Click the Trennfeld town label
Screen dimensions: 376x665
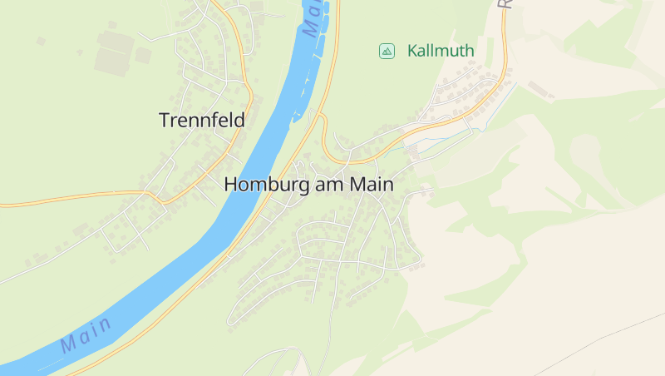(x=202, y=121)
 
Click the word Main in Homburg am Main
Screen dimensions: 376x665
(x=372, y=185)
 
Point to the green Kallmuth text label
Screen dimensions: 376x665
(x=441, y=51)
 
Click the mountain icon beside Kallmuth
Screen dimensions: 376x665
(x=387, y=51)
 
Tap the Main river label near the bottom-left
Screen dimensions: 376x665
(x=86, y=334)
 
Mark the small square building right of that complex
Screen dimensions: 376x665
(x=143, y=55)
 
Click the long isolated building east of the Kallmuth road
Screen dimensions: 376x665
(x=541, y=89)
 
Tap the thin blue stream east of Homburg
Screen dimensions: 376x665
(x=449, y=136)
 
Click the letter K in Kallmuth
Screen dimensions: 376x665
(x=412, y=51)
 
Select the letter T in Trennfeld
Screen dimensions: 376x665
(x=164, y=121)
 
